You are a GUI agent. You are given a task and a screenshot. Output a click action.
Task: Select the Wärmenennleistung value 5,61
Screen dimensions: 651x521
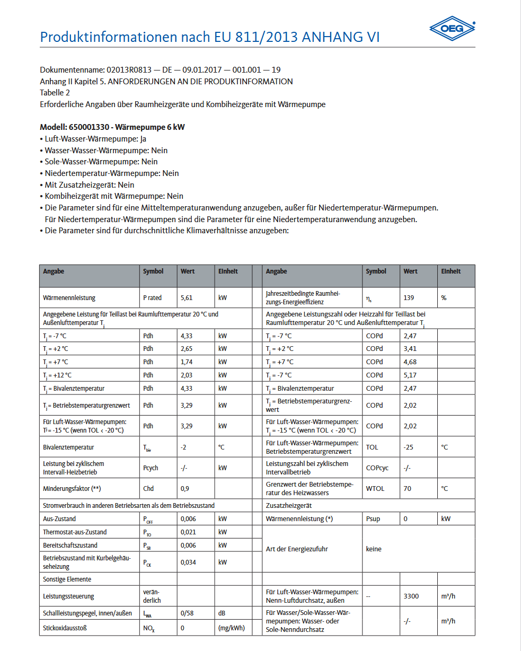[186, 298]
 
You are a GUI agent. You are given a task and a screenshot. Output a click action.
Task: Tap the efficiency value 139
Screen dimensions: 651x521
[409, 298]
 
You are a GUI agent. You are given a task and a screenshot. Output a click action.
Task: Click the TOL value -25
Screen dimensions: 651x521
[408, 447]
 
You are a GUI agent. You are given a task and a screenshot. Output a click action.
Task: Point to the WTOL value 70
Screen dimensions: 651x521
[407, 489]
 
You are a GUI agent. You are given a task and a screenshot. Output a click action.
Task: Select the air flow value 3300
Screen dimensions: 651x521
[411, 596]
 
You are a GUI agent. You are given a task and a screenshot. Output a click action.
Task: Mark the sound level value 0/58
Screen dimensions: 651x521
[188, 613]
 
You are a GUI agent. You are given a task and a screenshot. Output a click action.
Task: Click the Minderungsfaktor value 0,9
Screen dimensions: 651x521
[185, 488]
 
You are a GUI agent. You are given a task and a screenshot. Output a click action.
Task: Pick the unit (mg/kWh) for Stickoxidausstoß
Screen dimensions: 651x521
[232, 629]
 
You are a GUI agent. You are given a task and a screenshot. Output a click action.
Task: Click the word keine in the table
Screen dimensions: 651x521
[374, 549]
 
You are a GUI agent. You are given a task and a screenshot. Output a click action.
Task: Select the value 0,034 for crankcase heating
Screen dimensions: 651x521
[188, 562]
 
